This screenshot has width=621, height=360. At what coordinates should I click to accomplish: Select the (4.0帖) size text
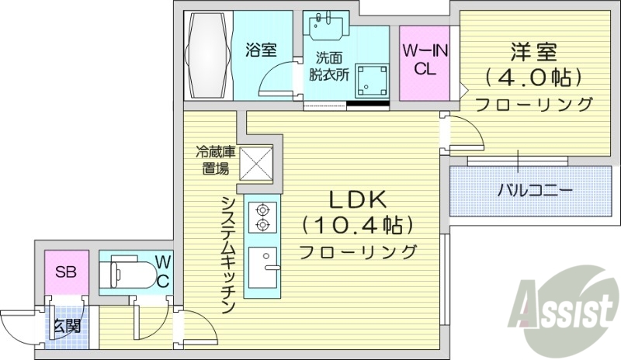pyautogui.click(x=533, y=78)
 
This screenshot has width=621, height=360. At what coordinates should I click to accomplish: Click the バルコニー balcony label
pyautogui.click(x=535, y=189)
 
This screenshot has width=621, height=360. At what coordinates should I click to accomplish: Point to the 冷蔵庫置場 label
pyautogui.click(x=212, y=161)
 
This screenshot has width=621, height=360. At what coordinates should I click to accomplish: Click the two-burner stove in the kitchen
pyautogui.click(x=262, y=216)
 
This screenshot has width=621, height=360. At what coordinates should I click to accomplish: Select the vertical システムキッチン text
pyautogui.click(x=227, y=253)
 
